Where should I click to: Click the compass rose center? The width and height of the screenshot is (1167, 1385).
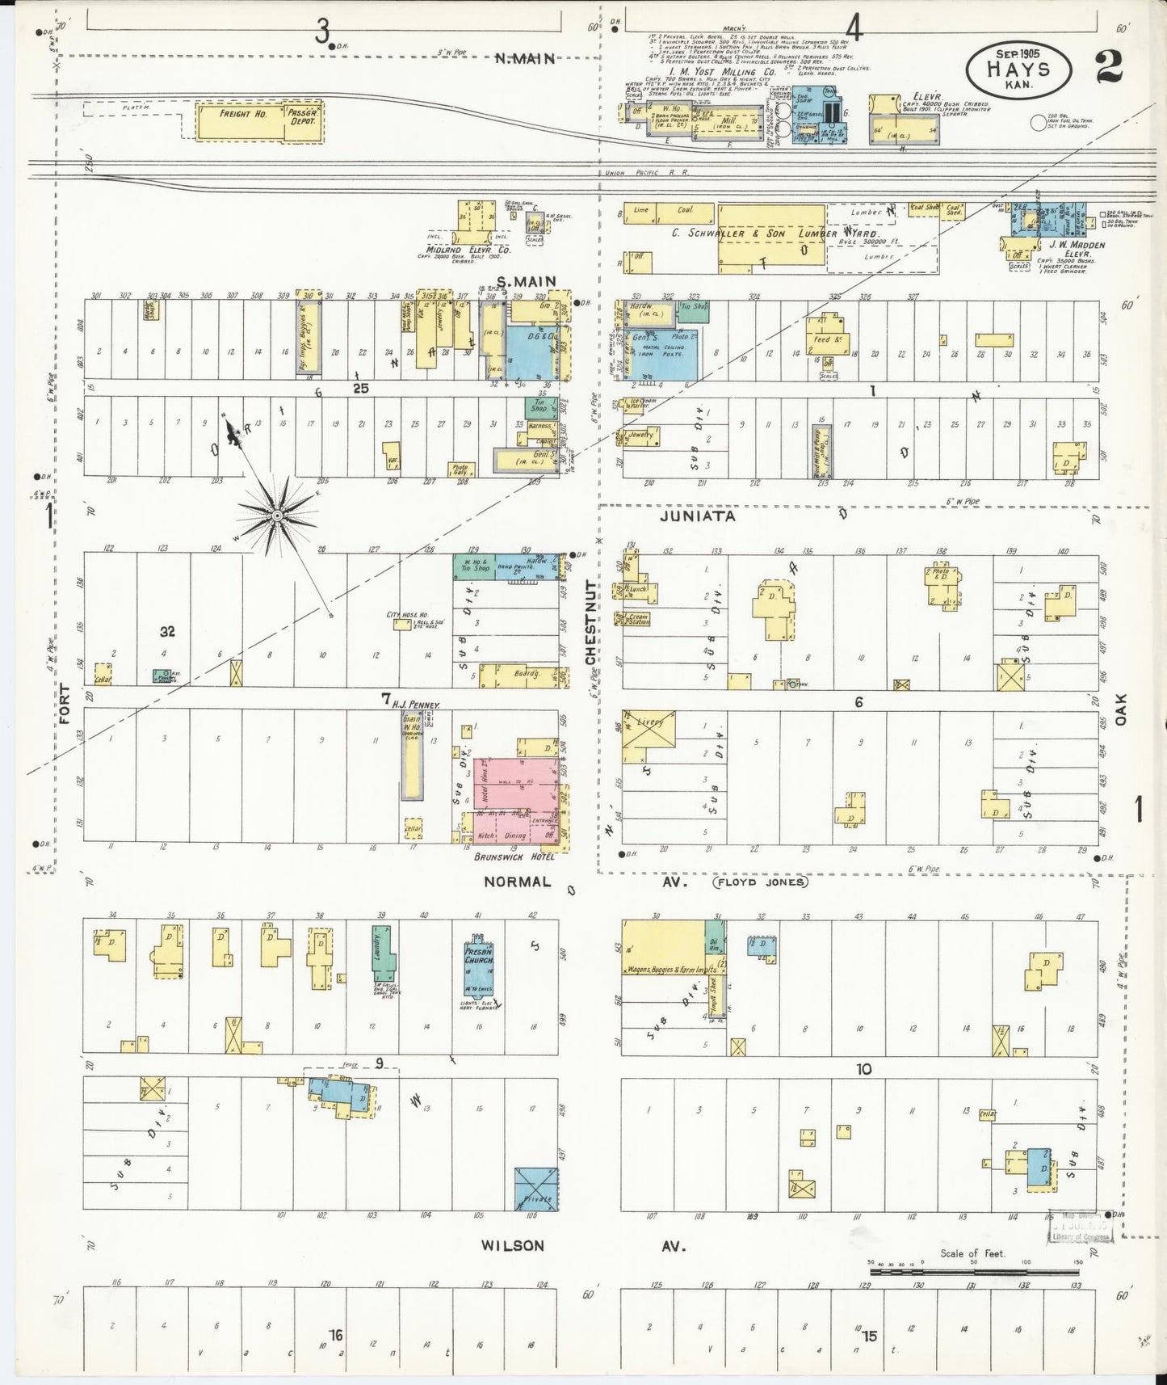(x=276, y=514)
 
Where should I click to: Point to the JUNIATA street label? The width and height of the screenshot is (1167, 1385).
(x=697, y=515)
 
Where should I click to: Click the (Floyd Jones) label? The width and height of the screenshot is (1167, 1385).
(x=758, y=882)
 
